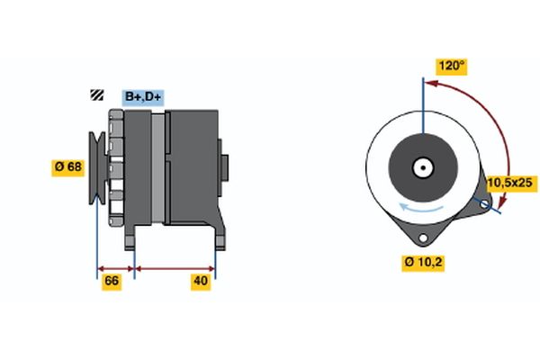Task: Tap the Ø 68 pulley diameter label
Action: [67, 166]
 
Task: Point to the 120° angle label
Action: [451, 66]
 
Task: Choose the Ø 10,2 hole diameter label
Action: [425, 263]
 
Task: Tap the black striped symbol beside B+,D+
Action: [95, 96]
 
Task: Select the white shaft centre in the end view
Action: [421, 168]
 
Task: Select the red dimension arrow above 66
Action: [115, 267]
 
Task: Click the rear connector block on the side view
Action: [225, 168]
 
